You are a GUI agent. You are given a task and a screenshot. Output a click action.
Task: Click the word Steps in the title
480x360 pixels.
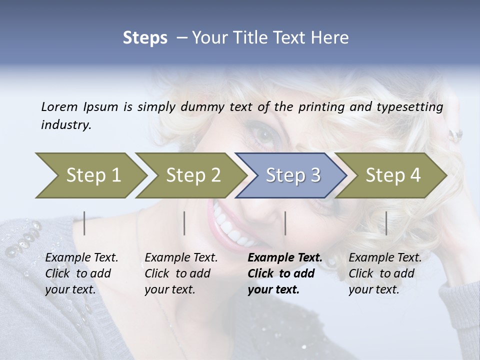[x=145, y=38]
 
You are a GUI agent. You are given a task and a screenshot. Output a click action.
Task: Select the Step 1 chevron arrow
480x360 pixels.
[x=90, y=175]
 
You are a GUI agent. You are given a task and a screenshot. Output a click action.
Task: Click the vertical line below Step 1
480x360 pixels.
[x=84, y=223]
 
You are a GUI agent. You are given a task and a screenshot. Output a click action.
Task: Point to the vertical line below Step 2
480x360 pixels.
[x=184, y=223]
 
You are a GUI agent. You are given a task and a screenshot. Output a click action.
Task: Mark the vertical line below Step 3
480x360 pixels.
[x=285, y=223]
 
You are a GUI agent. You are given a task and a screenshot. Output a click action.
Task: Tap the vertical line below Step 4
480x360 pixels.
[x=386, y=223]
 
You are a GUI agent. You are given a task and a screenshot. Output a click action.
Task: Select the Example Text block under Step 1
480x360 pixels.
[x=81, y=273]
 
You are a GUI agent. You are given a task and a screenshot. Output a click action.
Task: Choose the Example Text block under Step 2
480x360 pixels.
[x=181, y=273]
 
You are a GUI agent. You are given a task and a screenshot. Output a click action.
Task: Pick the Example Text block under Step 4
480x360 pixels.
[x=385, y=273]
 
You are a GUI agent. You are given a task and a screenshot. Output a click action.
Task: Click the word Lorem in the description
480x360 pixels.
[x=59, y=107]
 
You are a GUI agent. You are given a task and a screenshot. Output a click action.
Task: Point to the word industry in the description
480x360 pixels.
[x=65, y=125]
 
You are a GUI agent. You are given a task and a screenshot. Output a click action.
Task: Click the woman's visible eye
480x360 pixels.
[x=263, y=134]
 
